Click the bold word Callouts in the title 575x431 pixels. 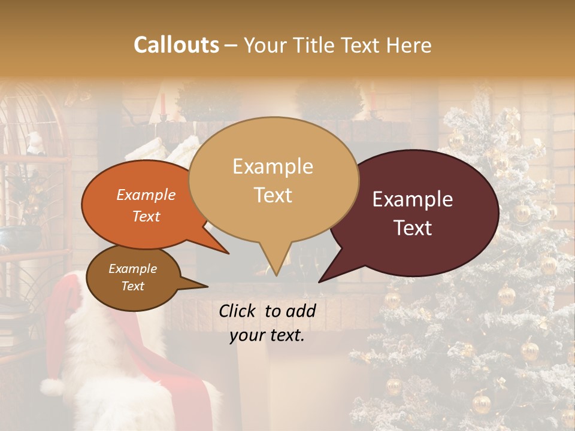(x=176, y=45)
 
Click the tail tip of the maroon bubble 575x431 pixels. (x=320, y=281)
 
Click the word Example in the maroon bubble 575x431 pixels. (x=413, y=200)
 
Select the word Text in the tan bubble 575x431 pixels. (x=273, y=195)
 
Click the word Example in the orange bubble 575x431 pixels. (x=146, y=195)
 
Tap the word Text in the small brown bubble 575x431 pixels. (x=133, y=286)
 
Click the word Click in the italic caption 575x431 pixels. (x=238, y=311)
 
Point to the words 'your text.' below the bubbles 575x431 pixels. (x=267, y=335)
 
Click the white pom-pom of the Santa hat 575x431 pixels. (x=52, y=388)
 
